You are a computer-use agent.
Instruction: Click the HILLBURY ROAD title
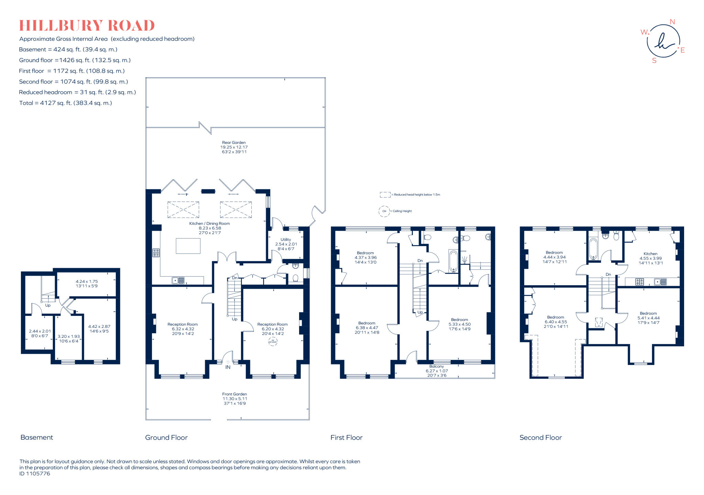pos(87,26)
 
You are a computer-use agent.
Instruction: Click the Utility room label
pos(286,240)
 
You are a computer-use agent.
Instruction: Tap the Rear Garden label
pos(234,142)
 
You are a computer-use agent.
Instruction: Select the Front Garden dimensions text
pos(235,401)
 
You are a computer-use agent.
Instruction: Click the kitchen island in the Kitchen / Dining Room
pos(188,246)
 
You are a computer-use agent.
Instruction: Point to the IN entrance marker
pos(228,367)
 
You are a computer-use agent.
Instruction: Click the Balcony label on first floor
pos(437,366)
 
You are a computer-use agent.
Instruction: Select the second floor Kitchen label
pos(650,254)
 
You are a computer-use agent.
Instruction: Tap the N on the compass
pos(672,22)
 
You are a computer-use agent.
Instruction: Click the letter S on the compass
pos(654,61)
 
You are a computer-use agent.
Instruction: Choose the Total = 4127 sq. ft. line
pos(66,103)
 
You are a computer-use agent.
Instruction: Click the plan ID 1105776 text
pos(35,474)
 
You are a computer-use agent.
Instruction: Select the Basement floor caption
pos(37,437)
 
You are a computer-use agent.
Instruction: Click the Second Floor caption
pos(540,437)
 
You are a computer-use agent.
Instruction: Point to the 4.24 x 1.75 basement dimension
pos(87,281)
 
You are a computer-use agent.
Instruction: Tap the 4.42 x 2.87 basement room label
pos(99,327)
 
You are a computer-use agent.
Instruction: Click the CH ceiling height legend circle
pos(384,211)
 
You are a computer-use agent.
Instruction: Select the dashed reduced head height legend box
pos(385,195)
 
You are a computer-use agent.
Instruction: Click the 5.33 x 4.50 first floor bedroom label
pos(460,324)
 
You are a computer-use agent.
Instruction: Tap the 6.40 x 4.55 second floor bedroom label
pos(556,322)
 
